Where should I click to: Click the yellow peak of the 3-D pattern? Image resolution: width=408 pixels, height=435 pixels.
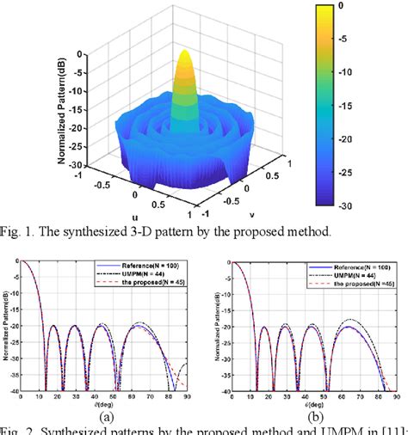pos(184,58)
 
